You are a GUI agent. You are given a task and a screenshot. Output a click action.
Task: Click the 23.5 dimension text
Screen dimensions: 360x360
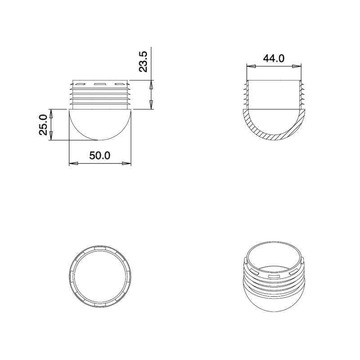143,62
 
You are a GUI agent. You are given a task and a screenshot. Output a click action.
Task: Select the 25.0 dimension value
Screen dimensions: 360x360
42,124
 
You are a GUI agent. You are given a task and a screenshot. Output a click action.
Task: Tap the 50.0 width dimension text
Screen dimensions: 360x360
99,156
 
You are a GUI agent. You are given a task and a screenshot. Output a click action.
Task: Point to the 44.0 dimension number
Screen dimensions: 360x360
274,58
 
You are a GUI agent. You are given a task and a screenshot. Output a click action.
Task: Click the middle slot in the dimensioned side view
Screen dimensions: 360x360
100,84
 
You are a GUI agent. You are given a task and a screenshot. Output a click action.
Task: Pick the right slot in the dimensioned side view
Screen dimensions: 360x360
119,84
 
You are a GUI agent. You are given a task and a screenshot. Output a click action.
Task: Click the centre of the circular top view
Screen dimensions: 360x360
100,277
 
